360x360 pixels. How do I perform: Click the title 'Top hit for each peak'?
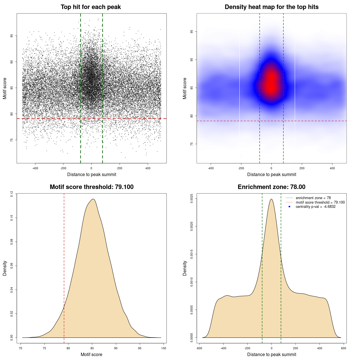click(x=91, y=7)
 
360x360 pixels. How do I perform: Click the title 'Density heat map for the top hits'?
click(x=271, y=7)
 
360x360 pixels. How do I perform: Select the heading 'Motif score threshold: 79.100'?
click(x=91, y=187)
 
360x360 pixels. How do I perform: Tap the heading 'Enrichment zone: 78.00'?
click(x=271, y=187)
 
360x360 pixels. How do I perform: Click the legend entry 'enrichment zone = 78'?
click(x=313, y=198)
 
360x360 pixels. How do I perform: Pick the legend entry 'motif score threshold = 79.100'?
click(x=320, y=202)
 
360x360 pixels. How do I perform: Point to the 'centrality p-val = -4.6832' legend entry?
click(x=316, y=207)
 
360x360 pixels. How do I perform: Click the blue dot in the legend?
click(x=289, y=207)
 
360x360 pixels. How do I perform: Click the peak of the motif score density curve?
click(x=93, y=199)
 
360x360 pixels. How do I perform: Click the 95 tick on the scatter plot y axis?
click(x=12, y=36)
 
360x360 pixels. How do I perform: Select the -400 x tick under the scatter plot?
click(x=35, y=168)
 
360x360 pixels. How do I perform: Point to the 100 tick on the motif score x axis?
click(x=164, y=348)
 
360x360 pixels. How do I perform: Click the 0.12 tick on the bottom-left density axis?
click(x=12, y=194)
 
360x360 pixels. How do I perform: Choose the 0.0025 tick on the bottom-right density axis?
click(x=192, y=199)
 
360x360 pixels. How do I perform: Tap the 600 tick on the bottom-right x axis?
click(x=343, y=348)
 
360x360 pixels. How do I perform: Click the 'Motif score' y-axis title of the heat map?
click(x=185, y=88)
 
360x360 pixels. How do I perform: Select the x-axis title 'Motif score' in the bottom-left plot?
click(x=91, y=354)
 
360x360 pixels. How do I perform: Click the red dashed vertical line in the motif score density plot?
click(x=64, y=267)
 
